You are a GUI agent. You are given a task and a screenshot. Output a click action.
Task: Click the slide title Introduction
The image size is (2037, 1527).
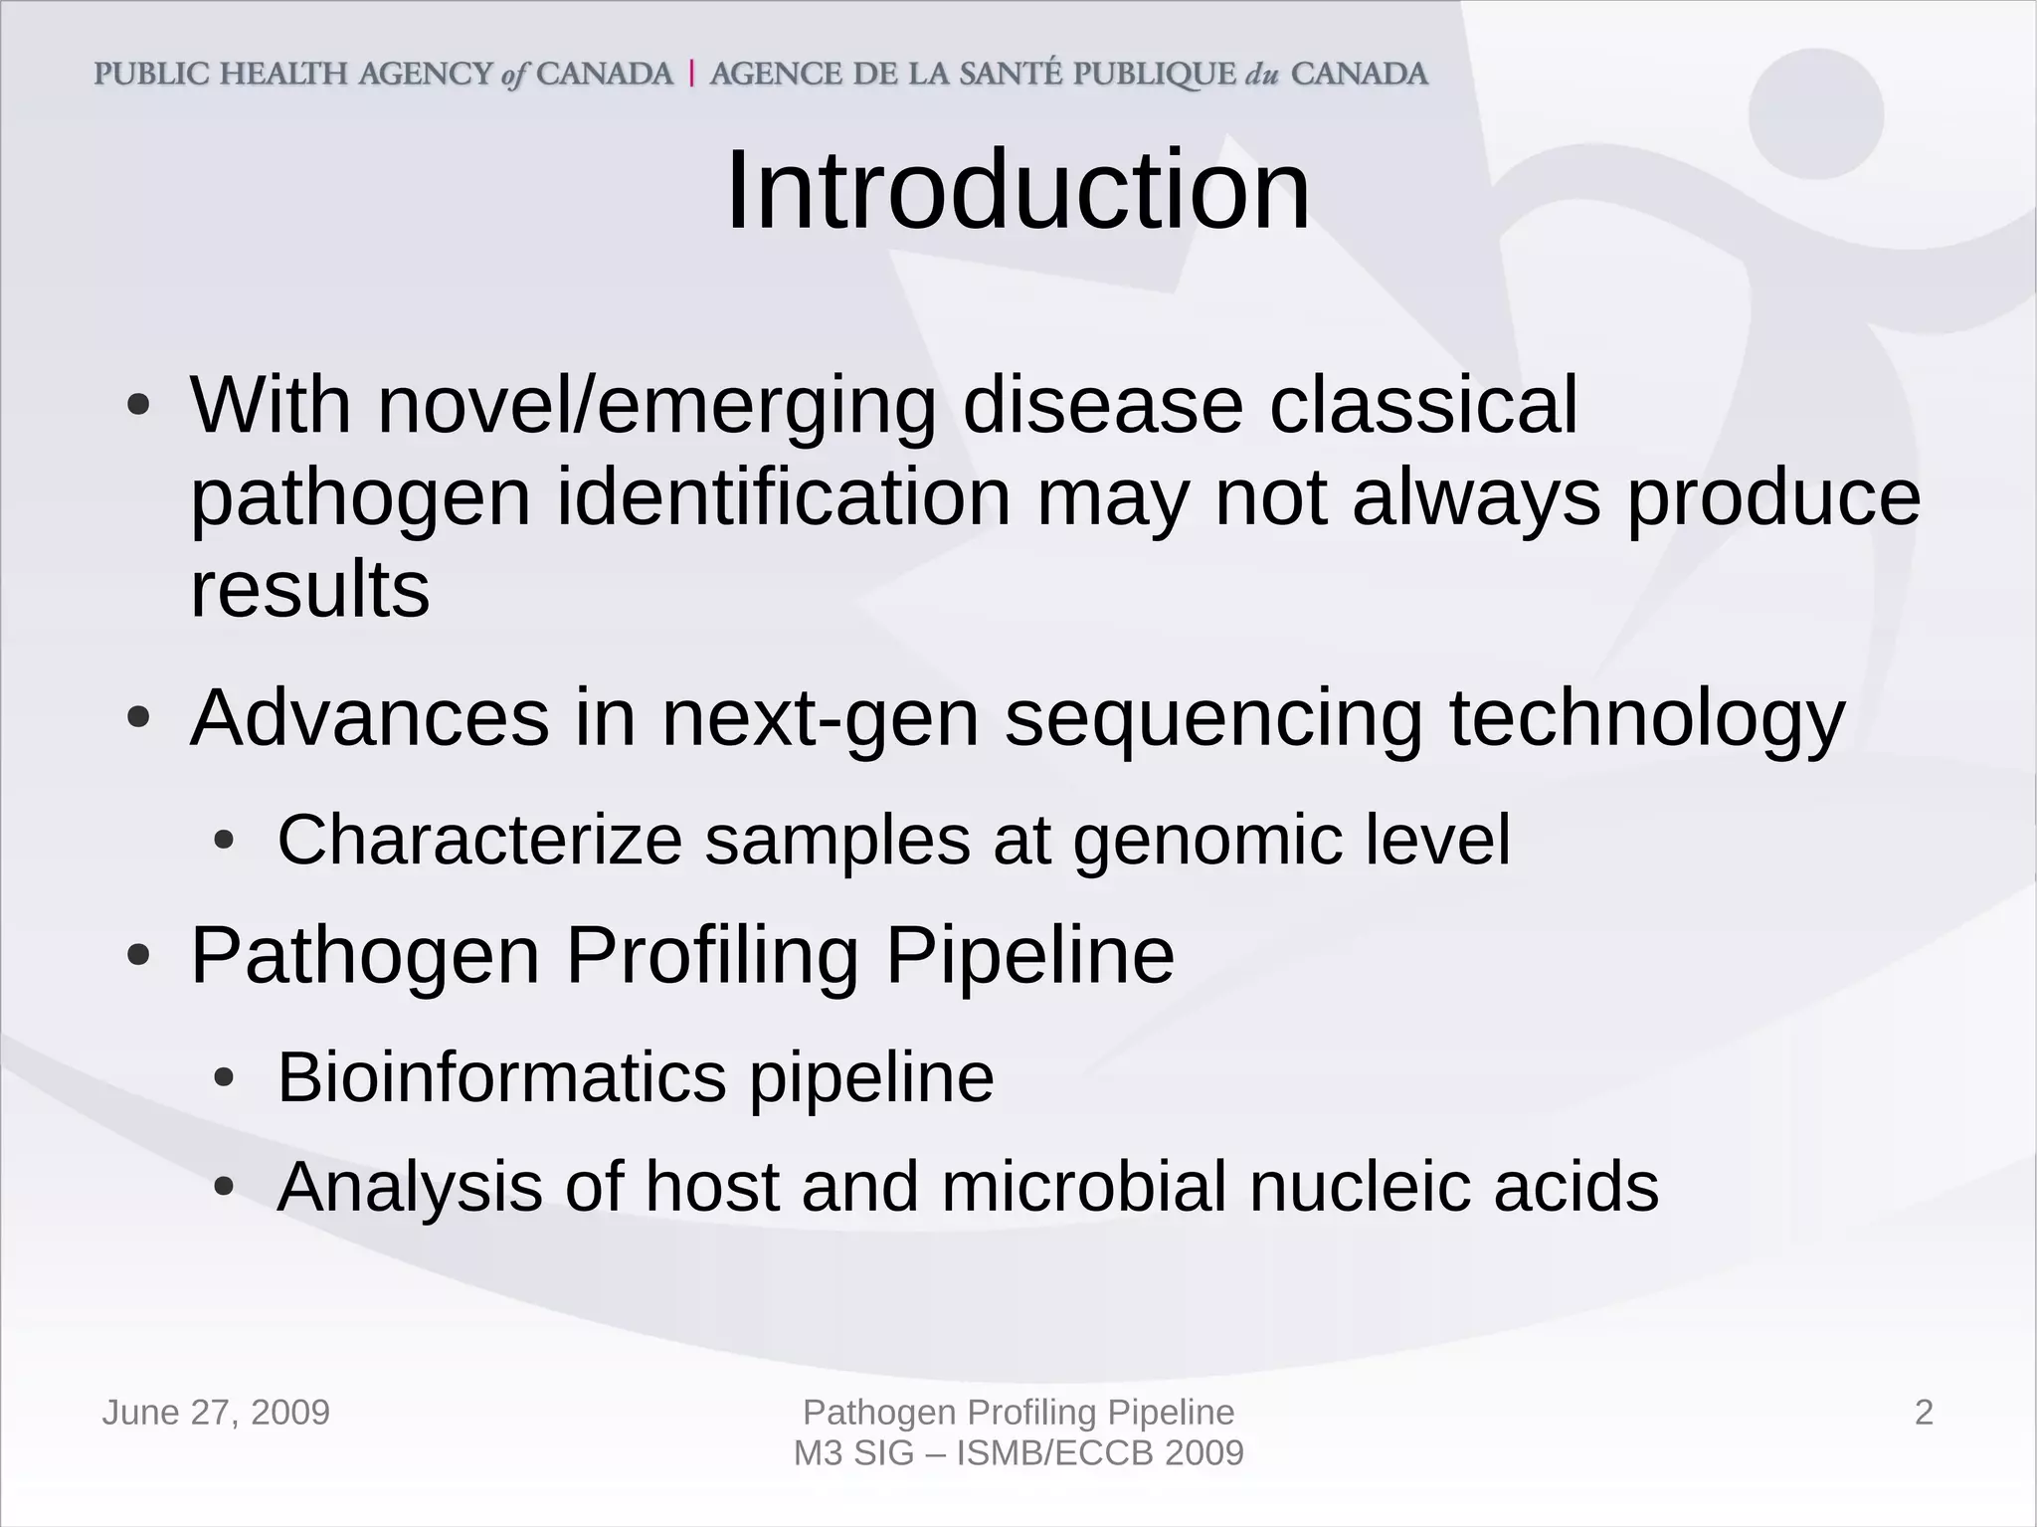click(1018, 191)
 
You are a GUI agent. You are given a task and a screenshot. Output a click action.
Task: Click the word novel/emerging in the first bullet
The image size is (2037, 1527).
click(656, 406)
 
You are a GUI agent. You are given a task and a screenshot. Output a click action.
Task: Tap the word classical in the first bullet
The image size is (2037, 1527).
click(1423, 406)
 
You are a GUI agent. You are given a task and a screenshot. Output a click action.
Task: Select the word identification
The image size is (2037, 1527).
click(783, 497)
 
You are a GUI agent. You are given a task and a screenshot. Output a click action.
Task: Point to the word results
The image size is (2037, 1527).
click(309, 589)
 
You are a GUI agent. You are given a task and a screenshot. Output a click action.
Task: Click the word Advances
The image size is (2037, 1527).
click(369, 718)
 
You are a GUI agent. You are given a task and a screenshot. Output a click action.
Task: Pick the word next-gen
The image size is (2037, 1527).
click(821, 720)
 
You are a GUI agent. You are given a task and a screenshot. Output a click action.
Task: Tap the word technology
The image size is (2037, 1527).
click(1646, 720)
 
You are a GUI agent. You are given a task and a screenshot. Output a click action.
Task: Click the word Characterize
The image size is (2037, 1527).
click(479, 841)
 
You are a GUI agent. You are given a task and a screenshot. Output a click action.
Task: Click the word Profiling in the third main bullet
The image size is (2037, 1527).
click(712, 956)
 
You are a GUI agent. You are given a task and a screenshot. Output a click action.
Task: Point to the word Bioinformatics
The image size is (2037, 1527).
click(501, 1077)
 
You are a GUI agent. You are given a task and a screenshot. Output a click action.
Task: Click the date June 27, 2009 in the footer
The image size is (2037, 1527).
click(216, 1413)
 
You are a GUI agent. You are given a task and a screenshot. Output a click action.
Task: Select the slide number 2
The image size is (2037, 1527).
click(1924, 1413)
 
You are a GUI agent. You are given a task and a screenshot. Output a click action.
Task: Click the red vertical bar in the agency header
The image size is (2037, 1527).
click(691, 75)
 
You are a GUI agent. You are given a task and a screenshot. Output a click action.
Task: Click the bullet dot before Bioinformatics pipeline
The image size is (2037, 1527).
click(225, 1078)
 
